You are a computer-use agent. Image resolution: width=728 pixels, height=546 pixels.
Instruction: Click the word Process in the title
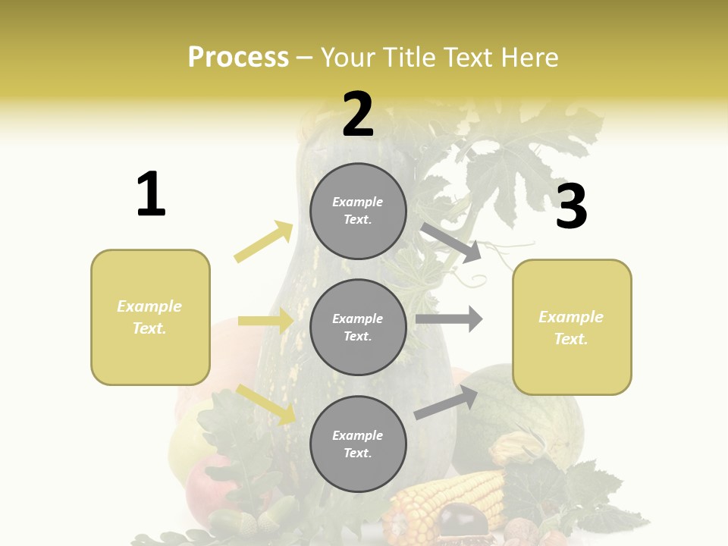point(238,57)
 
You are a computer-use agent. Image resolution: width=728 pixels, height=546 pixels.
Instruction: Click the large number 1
point(151,195)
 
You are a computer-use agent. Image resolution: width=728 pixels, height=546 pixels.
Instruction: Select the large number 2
point(358,115)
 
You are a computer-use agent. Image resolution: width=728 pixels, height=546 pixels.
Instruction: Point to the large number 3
point(571,206)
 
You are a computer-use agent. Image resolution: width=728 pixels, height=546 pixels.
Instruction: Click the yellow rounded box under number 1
point(150,317)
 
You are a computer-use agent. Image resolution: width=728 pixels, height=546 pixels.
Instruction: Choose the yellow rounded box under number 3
point(572,327)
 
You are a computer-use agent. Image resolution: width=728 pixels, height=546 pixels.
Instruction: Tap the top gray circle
point(358,211)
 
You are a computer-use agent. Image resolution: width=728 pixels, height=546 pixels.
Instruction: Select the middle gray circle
point(358,327)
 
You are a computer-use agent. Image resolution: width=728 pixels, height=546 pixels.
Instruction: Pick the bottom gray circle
point(358,444)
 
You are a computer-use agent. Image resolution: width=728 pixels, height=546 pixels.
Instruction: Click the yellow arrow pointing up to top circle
point(264,242)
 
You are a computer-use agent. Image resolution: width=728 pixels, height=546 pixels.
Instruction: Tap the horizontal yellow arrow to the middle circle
point(265,321)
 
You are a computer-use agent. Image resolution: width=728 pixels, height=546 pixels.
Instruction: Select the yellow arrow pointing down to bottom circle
point(266,404)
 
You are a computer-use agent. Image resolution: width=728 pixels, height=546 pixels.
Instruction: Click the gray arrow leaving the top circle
point(452,243)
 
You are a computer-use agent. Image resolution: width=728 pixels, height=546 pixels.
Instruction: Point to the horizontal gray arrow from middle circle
point(449,319)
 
